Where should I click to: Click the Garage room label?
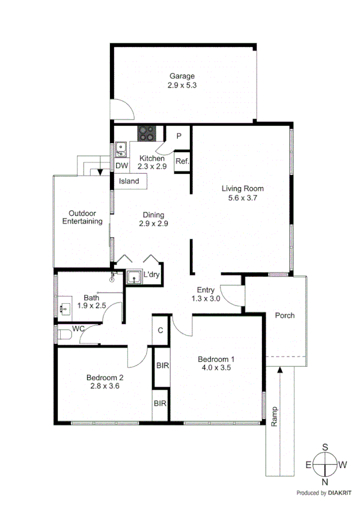pyautogui.click(x=182, y=76)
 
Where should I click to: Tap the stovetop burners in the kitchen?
pyautogui.click(x=147, y=132)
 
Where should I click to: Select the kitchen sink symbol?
pyautogui.click(x=120, y=147)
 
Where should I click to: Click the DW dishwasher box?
pyautogui.click(x=121, y=166)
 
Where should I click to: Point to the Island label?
pyautogui.click(x=129, y=181)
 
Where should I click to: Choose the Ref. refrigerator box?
pyautogui.click(x=182, y=161)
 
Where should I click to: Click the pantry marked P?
pyautogui.click(x=178, y=136)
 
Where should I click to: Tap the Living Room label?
pyautogui.click(x=242, y=188)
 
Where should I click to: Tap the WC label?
pyautogui.click(x=78, y=329)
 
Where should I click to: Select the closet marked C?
pyautogui.click(x=160, y=330)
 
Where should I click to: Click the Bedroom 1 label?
pyautogui.click(x=216, y=359)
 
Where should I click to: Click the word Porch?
pyautogui.click(x=284, y=316)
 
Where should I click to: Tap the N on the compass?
pyautogui.click(x=325, y=482)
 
